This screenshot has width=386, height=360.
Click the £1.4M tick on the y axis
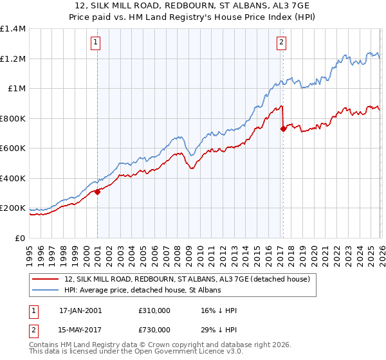click(12, 29)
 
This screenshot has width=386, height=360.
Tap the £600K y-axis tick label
click(12, 148)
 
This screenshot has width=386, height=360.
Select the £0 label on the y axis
click(20, 238)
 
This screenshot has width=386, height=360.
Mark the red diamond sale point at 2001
click(97, 192)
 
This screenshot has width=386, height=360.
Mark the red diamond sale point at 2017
click(282, 129)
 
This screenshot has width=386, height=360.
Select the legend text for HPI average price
click(142, 291)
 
